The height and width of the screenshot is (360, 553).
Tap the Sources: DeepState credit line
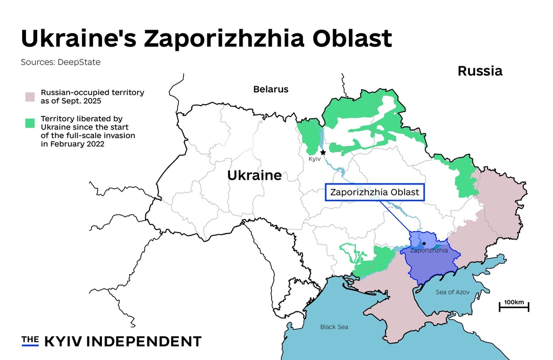(60, 62)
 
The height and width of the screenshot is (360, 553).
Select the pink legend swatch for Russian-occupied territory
(30, 97)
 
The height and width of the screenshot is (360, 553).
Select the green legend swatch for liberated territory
(30, 123)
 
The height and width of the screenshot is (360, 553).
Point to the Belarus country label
(271, 90)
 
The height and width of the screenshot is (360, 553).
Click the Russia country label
(480, 71)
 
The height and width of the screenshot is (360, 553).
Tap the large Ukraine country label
(254, 175)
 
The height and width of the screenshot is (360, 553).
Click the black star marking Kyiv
(323, 153)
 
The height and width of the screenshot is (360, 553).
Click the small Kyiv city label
(314, 160)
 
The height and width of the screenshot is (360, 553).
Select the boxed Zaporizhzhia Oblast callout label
(375, 192)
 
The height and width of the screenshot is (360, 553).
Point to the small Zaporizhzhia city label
(429, 250)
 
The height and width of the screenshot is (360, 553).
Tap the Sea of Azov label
(453, 292)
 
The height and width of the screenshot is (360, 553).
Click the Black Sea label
(334, 327)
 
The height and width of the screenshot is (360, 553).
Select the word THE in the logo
(30, 339)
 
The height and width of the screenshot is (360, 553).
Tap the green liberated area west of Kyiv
(309, 136)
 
